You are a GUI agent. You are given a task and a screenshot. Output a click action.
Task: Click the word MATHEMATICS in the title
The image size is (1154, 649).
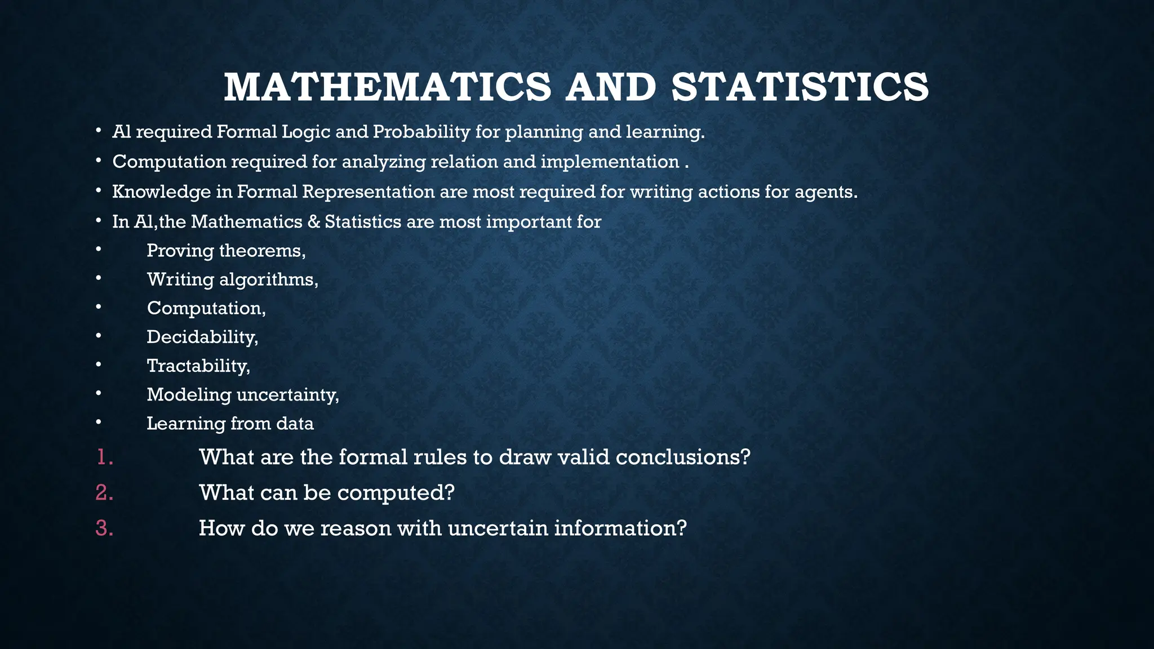pos(387,87)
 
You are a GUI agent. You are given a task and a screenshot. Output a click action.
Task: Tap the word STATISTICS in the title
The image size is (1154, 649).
pos(800,87)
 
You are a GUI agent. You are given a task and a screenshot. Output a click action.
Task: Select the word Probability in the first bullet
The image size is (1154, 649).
pos(421,132)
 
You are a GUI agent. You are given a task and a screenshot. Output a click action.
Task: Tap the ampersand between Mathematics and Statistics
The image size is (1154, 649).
pos(313,222)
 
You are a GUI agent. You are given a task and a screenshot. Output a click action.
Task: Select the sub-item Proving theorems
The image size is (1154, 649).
pos(226,251)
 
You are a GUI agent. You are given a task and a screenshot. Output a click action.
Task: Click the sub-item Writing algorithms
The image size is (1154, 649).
pos(232,279)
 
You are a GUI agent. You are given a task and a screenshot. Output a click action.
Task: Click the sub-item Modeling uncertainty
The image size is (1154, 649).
pos(243,395)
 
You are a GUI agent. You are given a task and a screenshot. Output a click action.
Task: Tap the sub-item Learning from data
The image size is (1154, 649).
pos(230,424)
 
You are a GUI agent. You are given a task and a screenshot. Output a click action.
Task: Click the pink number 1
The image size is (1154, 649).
pos(104,457)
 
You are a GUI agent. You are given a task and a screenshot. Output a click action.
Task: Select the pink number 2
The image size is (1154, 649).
pos(104,493)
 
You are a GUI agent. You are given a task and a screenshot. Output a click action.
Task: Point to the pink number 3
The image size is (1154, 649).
pos(104,528)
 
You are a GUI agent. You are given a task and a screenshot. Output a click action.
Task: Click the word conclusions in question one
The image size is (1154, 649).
pos(683,457)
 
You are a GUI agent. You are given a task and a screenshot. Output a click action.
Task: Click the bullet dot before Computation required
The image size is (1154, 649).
pos(98,162)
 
